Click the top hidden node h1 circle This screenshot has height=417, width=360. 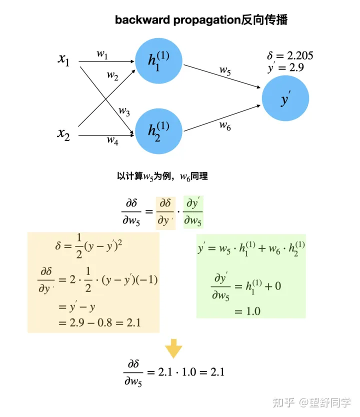click(x=159, y=61)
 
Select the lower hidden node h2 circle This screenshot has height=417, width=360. click(x=159, y=130)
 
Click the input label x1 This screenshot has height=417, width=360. click(x=64, y=59)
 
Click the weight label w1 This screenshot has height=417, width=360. click(x=102, y=54)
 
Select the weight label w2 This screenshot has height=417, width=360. click(x=112, y=75)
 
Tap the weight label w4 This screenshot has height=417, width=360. click(x=112, y=140)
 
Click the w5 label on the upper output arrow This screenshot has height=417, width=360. click(x=225, y=70)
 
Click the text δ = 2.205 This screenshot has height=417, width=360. click(x=290, y=56)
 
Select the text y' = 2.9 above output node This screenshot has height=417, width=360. click(x=285, y=68)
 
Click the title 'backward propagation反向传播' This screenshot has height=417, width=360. click(x=201, y=20)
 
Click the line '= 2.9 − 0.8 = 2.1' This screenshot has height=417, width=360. click(x=99, y=322)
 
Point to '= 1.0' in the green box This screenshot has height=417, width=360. click(x=247, y=311)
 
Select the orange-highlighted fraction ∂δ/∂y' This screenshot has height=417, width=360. click(x=165, y=212)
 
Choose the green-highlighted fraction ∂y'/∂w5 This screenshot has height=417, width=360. click(x=193, y=212)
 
